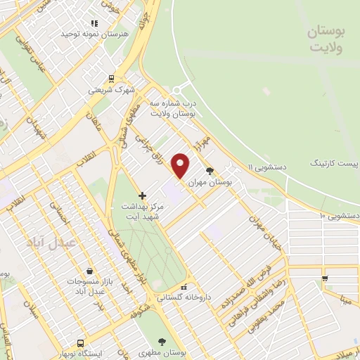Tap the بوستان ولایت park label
pyautogui.click(x=328, y=40)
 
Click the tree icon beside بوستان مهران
pyautogui.click(x=209, y=170)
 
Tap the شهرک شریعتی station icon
pyautogui.click(x=111, y=79)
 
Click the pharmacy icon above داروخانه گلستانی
pyautogui.click(x=184, y=287)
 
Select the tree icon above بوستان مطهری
pyautogui.click(x=162, y=342)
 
